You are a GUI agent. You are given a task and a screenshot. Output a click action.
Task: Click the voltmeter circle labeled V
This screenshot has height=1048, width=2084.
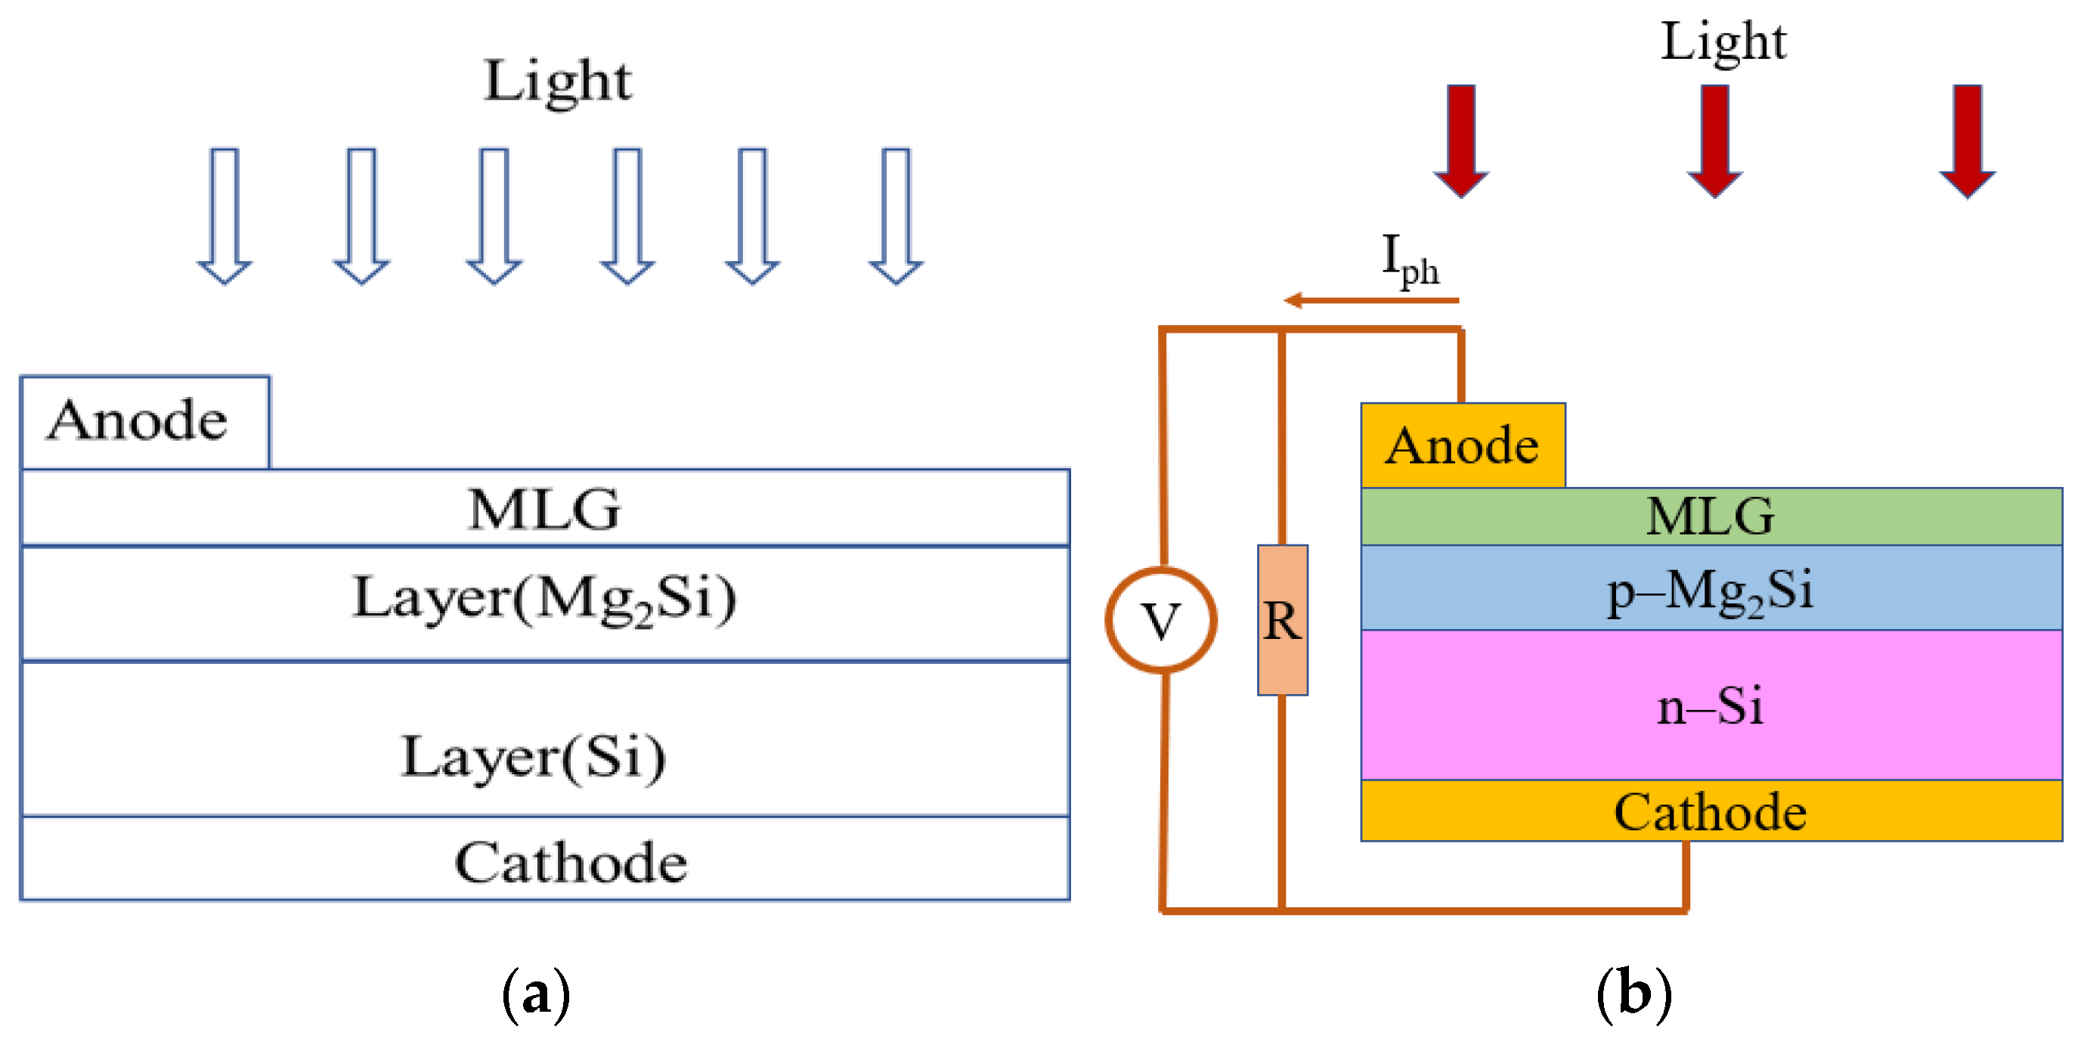point(1160,620)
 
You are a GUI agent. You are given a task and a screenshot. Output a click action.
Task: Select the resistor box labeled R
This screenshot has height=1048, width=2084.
point(1282,620)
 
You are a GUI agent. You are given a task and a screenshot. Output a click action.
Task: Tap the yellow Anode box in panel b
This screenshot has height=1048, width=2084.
point(1463,445)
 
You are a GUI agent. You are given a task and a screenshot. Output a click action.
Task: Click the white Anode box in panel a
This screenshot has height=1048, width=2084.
point(144,422)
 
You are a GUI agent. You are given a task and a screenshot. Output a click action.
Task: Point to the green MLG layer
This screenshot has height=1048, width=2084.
point(1711,516)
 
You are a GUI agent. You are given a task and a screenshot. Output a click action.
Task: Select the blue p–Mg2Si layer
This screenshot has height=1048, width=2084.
point(1711,588)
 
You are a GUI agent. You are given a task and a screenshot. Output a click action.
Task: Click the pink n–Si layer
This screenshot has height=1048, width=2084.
point(1711,705)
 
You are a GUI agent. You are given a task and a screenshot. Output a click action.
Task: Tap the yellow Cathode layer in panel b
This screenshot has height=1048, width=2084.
point(1711,811)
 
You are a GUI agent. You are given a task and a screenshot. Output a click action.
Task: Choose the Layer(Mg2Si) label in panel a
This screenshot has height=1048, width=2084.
point(544,600)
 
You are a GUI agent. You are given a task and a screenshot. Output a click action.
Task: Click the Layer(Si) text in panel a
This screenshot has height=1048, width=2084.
point(534,758)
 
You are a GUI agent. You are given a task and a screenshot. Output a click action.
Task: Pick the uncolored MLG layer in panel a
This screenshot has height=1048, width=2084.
point(544,508)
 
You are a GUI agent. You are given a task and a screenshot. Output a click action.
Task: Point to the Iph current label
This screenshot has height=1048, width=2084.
point(1409,261)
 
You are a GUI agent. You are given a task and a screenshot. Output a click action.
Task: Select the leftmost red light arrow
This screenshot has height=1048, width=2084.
point(1461,139)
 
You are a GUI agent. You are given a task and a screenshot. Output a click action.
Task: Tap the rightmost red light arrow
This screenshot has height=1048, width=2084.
point(1967,139)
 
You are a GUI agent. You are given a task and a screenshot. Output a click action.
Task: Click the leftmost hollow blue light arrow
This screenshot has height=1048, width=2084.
point(225,215)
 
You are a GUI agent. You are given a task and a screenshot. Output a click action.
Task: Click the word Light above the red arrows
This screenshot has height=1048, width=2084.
point(1723,42)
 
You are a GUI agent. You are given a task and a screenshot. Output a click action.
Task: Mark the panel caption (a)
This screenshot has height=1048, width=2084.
point(536,994)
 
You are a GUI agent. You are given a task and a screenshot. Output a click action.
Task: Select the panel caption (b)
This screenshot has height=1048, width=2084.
point(1633,994)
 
